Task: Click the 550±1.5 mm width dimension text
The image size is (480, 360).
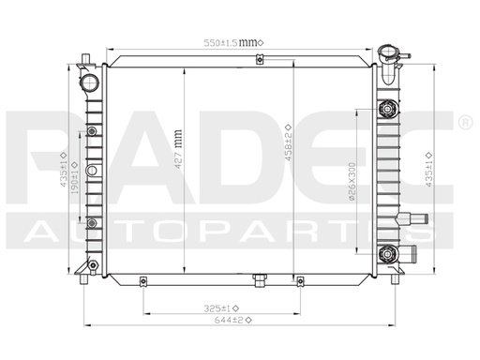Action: click(234, 42)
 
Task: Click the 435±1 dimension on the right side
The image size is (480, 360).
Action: click(427, 169)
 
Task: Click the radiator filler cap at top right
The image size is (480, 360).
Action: click(391, 52)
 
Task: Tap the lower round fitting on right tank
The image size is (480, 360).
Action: click(386, 253)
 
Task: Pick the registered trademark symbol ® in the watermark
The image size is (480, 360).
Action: click(464, 122)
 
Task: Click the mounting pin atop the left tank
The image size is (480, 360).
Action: click(85, 60)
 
